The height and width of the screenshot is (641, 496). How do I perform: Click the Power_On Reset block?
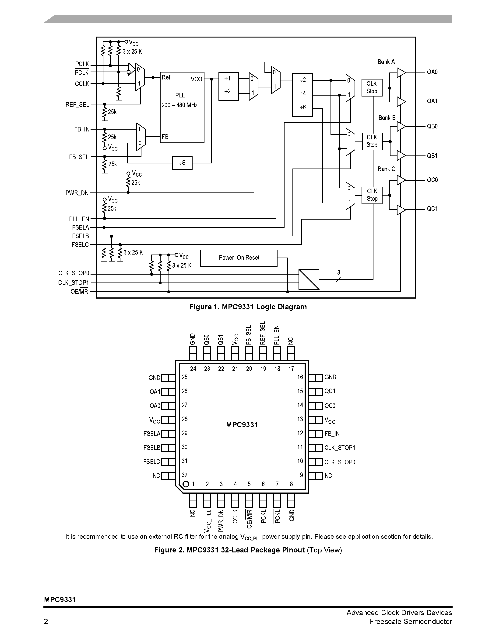pos(239,258)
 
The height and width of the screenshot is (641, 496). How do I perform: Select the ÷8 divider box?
pos(182,163)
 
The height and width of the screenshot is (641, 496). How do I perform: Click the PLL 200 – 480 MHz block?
pos(182,107)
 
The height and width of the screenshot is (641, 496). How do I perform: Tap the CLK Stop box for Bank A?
pos(372,87)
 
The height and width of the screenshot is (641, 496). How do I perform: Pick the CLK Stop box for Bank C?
pos(372,195)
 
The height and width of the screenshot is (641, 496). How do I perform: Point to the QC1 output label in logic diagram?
pos(432,209)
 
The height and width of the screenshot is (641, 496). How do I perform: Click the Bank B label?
pos(387,118)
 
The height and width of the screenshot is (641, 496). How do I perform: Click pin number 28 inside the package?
pos(185,419)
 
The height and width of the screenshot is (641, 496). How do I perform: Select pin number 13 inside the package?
pos(300,419)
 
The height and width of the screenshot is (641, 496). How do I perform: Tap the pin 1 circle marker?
pos(185,484)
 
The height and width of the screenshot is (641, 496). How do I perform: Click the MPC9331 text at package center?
pos(242,425)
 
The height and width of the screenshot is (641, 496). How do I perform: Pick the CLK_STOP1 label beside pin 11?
pos(340,448)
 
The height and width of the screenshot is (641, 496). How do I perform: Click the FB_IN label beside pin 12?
pos(332,434)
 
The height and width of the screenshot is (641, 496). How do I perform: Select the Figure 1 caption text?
pos(248,307)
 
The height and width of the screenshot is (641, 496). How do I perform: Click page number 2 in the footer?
pos(46,622)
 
